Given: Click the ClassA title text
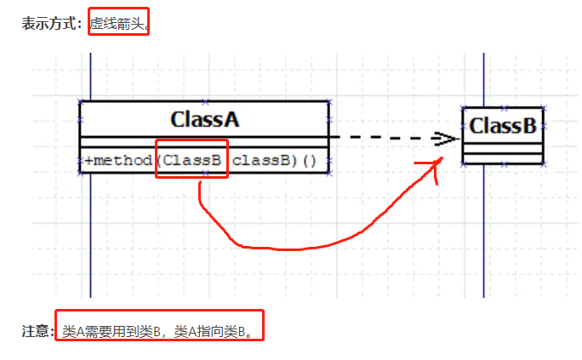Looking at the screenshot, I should [204, 119].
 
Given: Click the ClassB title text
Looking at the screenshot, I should [503, 126].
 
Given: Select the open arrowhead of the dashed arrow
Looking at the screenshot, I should [445, 138].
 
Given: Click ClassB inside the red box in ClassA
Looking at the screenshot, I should [192, 160].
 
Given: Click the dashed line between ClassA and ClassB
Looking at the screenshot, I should [383, 137].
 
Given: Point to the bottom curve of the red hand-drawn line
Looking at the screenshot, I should [281, 249].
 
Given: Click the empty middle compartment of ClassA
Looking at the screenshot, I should [204, 141].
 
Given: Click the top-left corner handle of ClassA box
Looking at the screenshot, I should [80, 102].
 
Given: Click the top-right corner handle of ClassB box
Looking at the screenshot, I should [544, 108].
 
